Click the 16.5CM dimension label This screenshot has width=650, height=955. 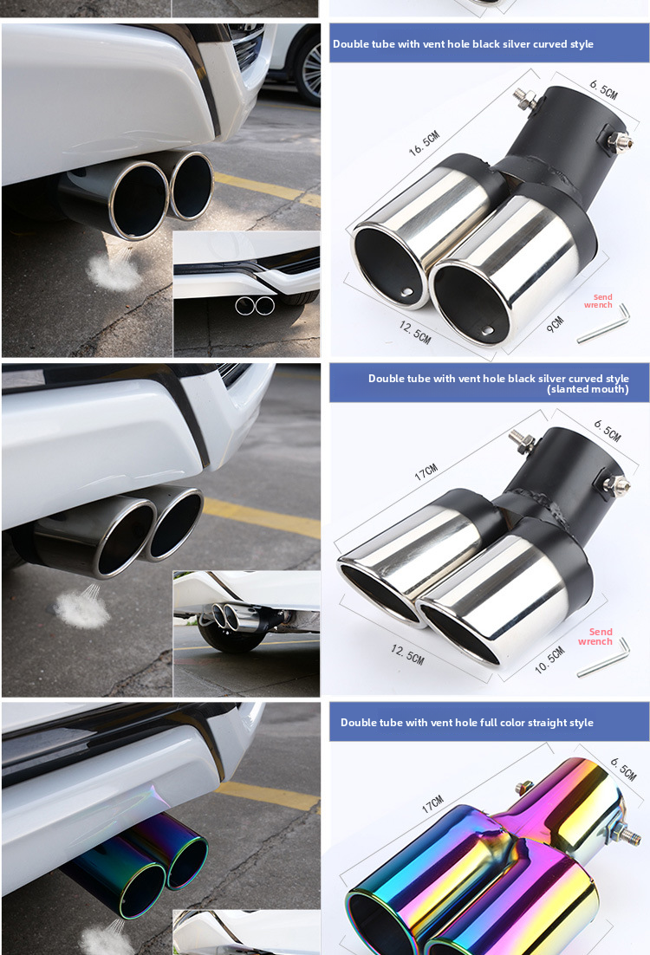[425, 142]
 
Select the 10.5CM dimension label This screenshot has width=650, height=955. [549, 662]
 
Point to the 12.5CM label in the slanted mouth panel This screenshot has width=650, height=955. [406, 655]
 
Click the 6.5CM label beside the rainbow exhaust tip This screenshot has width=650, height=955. [622, 769]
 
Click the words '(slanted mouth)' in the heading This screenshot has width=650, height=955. [588, 390]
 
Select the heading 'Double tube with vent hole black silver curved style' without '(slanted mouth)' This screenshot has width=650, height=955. [463, 44]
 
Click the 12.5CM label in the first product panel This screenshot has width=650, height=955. [415, 332]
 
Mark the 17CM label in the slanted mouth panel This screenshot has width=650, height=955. [426, 472]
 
